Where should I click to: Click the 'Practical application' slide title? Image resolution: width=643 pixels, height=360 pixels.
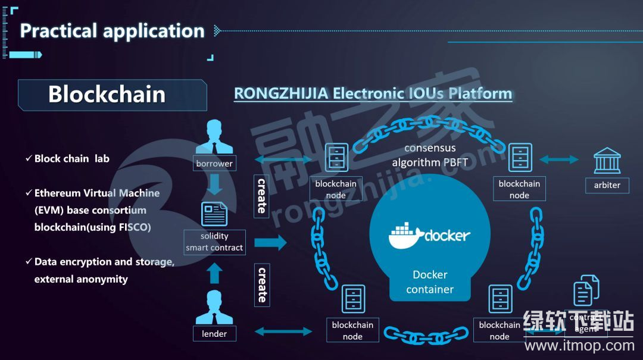click(112, 31)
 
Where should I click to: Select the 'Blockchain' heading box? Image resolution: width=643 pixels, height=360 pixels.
click(112, 95)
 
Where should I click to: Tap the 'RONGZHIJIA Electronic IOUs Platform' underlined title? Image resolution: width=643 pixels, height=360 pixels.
click(373, 93)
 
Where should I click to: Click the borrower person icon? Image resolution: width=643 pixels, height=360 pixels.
click(214, 137)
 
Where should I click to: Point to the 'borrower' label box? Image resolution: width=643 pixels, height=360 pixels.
click(214, 163)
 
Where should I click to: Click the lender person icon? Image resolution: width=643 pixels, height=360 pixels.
click(214, 307)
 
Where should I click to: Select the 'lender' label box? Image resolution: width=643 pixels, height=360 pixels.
click(214, 334)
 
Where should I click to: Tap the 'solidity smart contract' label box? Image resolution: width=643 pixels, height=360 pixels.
click(214, 242)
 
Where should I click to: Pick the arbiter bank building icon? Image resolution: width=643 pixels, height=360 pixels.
click(607, 161)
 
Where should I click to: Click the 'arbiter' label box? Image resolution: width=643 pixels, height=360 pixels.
click(607, 185)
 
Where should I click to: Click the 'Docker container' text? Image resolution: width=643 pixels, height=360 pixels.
click(430, 282)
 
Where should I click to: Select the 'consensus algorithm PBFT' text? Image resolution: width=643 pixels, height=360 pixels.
click(430, 155)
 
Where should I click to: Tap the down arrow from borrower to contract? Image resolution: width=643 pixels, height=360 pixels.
click(215, 184)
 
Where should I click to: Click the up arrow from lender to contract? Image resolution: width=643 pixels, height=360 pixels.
click(215, 273)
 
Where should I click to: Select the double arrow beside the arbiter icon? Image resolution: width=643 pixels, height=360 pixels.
click(558, 159)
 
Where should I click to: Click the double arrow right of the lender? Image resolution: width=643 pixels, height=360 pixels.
click(283, 331)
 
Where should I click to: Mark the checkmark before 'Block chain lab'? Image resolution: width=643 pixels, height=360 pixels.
click(29, 158)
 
